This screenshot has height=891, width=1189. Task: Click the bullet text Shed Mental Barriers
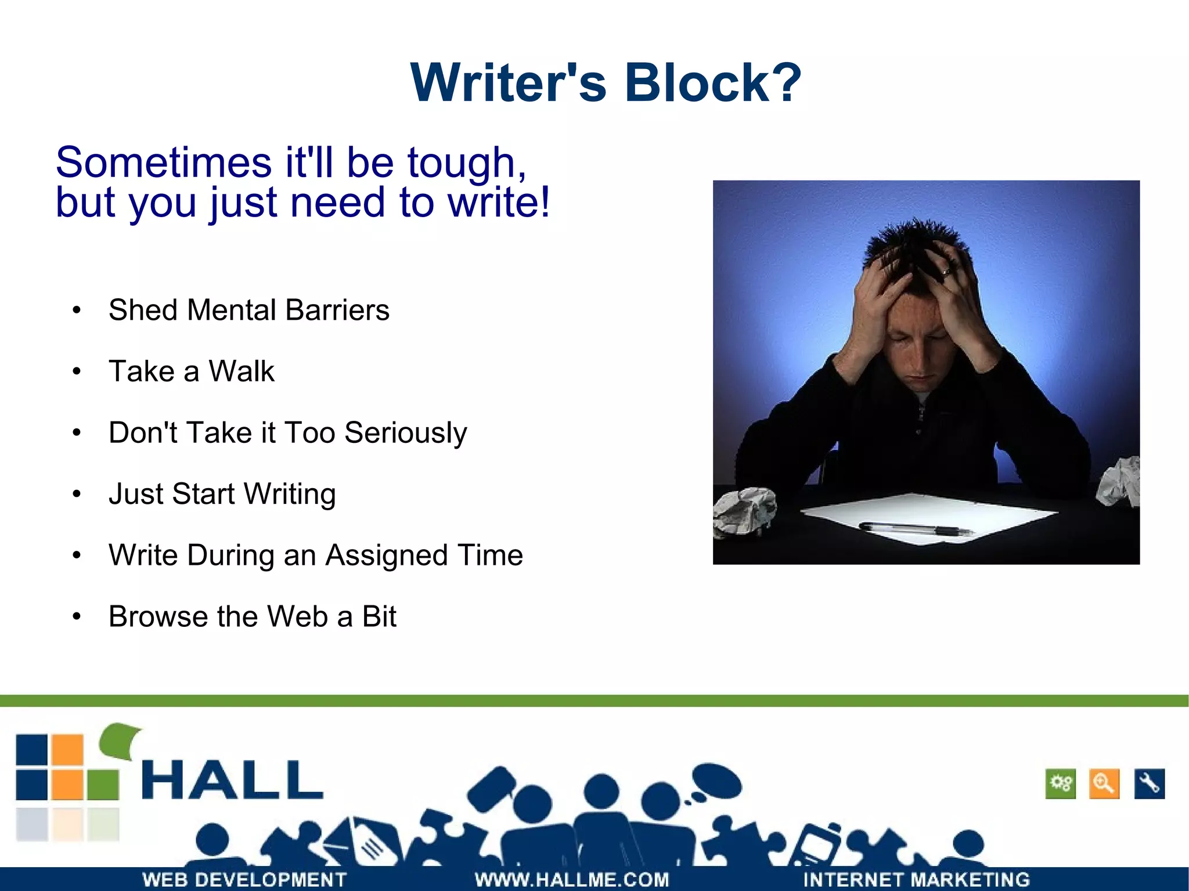[x=248, y=310]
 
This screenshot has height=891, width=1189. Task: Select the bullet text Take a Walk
[x=191, y=371]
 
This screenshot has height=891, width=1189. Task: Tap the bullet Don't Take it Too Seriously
[x=287, y=433]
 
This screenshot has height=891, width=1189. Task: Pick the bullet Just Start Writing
[x=222, y=494]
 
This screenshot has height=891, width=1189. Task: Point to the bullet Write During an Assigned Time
[x=315, y=555]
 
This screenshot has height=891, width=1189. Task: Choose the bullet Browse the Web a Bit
[x=252, y=616]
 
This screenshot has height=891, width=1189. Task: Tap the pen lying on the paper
[x=914, y=528]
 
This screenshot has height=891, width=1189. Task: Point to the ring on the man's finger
[x=946, y=270]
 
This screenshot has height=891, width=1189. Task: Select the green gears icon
[x=1060, y=784]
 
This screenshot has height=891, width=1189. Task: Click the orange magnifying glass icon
[x=1104, y=784]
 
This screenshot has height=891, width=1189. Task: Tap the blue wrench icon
[x=1149, y=784]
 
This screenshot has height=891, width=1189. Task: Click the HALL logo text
[x=232, y=780]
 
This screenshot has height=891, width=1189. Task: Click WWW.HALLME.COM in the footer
[x=572, y=879]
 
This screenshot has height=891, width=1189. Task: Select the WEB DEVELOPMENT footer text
[x=244, y=879]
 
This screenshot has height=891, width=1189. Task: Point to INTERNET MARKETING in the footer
[x=916, y=879]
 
